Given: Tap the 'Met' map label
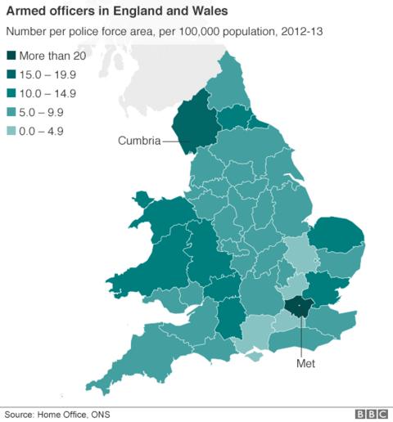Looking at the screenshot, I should pyautogui.click(x=305, y=362).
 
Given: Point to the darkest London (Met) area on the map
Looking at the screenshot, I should pyautogui.click(x=297, y=308).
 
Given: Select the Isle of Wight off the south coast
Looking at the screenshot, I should pyautogui.click(x=255, y=354).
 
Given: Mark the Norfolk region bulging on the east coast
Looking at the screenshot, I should pyautogui.click(x=336, y=236).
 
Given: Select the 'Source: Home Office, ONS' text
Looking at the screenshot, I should pyautogui.click(x=56, y=414).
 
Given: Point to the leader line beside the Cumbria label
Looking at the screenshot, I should pyautogui.click(x=174, y=141).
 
